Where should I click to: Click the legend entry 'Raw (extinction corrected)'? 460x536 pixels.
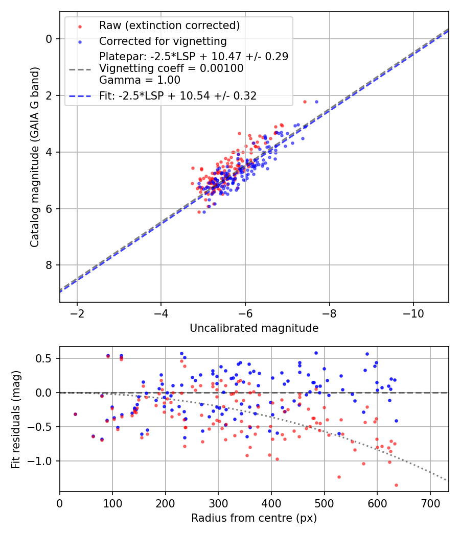coord(169,26)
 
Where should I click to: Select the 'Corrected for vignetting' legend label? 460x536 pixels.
coord(163,41)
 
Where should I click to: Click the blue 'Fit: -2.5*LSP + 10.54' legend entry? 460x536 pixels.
coord(178,95)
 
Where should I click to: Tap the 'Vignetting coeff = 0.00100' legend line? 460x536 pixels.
coord(171,68)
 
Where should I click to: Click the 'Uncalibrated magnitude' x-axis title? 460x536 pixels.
coord(254,328)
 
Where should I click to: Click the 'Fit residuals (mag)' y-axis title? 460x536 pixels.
coord(16,420)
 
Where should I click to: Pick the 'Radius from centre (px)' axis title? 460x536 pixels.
coord(254,518)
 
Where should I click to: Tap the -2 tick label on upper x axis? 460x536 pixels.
coord(77,313)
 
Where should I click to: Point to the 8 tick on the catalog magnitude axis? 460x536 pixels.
coord(49,265)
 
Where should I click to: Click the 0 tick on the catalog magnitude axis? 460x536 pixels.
coord(49,39)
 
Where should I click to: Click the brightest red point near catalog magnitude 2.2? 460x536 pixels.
coord(305,102)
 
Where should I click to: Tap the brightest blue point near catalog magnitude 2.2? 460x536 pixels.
coord(316,102)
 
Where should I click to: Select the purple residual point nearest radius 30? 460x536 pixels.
coord(75,414)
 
